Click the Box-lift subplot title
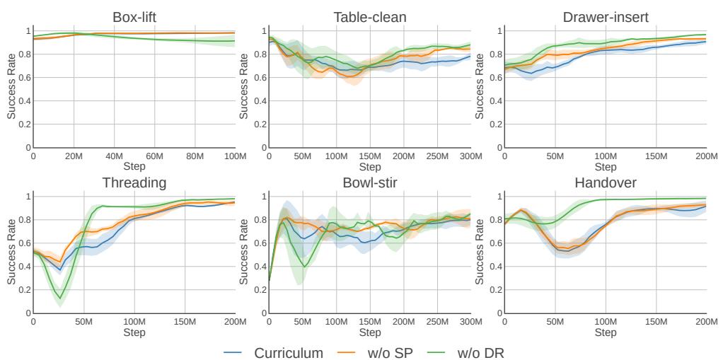click(x=134, y=17)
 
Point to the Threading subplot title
click(x=134, y=182)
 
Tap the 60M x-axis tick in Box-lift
click(x=154, y=156)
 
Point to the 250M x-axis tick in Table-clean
click(x=436, y=156)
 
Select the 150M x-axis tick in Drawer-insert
click(x=655, y=156)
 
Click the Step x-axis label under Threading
click(x=134, y=332)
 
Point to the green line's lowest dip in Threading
click(x=61, y=298)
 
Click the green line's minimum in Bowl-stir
click(x=304, y=266)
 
